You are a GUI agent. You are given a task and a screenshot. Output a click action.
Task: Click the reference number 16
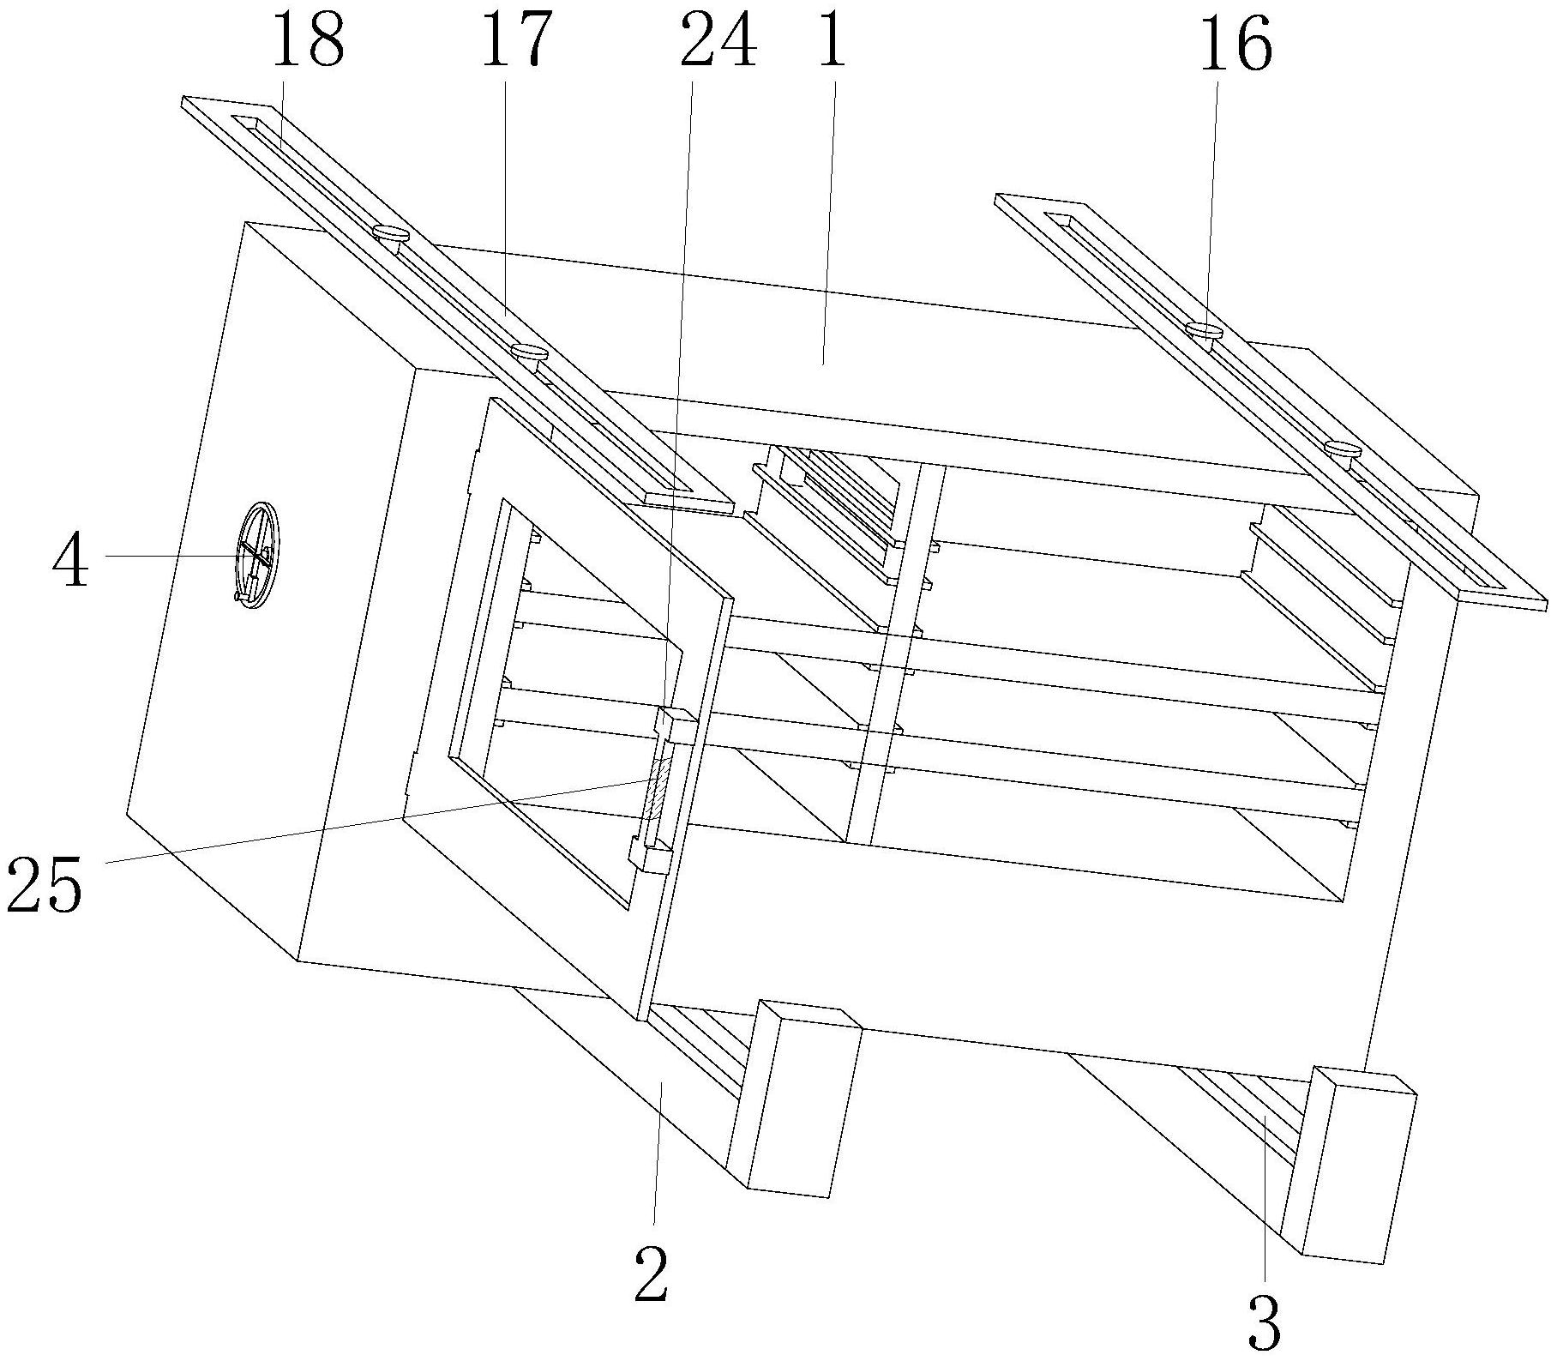(x=1235, y=46)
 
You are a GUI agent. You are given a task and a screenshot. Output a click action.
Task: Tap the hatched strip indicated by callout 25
(x=657, y=790)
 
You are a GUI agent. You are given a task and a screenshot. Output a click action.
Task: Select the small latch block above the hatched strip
(x=676, y=726)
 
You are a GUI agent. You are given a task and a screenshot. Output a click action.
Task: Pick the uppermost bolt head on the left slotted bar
(x=390, y=232)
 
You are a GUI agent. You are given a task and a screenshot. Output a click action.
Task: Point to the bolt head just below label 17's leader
(x=528, y=352)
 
